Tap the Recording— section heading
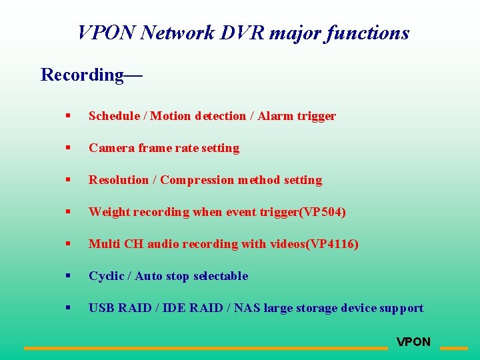(x=91, y=75)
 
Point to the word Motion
(x=171, y=116)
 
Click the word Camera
(x=111, y=148)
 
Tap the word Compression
(x=197, y=180)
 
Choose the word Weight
(x=109, y=212)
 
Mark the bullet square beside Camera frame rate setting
(x=67, y=148)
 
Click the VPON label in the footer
(x=413, y=342)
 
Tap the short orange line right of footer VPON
(x=454, y=348)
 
